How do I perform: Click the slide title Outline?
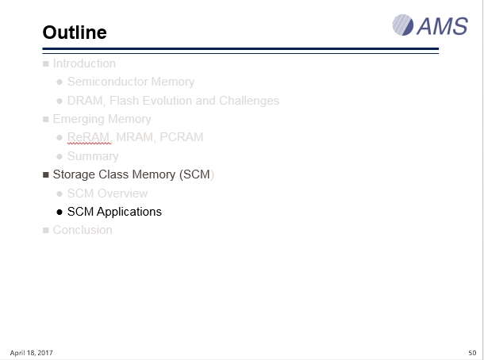pos(75,33)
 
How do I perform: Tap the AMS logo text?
pos(442,26)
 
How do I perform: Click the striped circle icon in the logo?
pos(403,25)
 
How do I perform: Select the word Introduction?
pos(84,63)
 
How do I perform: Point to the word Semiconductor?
pos(108,82)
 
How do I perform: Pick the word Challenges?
pos(249,101)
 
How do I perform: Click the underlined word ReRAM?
pos(88,137)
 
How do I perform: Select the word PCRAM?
pos(182,137)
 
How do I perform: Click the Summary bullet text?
pos(93,156)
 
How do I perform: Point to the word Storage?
pos(74,174)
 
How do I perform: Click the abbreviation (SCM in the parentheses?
pos(194,174)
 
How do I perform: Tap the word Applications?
pos(129,212)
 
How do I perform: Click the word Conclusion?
pos(83,230)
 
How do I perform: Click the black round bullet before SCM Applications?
pos(60,213)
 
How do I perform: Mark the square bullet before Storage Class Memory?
pos(46,175)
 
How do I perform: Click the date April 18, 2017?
pos(31,353)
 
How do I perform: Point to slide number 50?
pos(472,353)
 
